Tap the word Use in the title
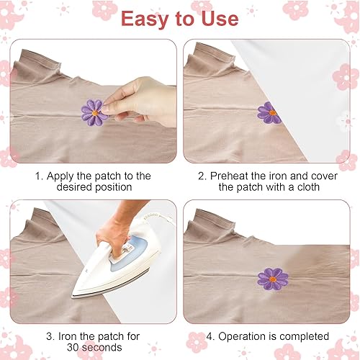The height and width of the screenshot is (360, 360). click(x=220, y=18)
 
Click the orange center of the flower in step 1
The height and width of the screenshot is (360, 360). click(x=95, y=112)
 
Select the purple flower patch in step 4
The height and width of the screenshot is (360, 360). click(x=273, y=279)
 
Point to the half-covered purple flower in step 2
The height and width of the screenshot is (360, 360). click(x=269, y=113)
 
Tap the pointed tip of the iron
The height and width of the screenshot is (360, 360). click(x=73, y=297)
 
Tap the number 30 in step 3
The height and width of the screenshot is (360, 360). click(x=71, y=347)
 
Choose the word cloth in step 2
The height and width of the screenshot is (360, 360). click(x=308, y=187)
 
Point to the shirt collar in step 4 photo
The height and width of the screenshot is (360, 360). click(x=211, y=225)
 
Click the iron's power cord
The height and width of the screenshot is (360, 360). click(x=166, y=218)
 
